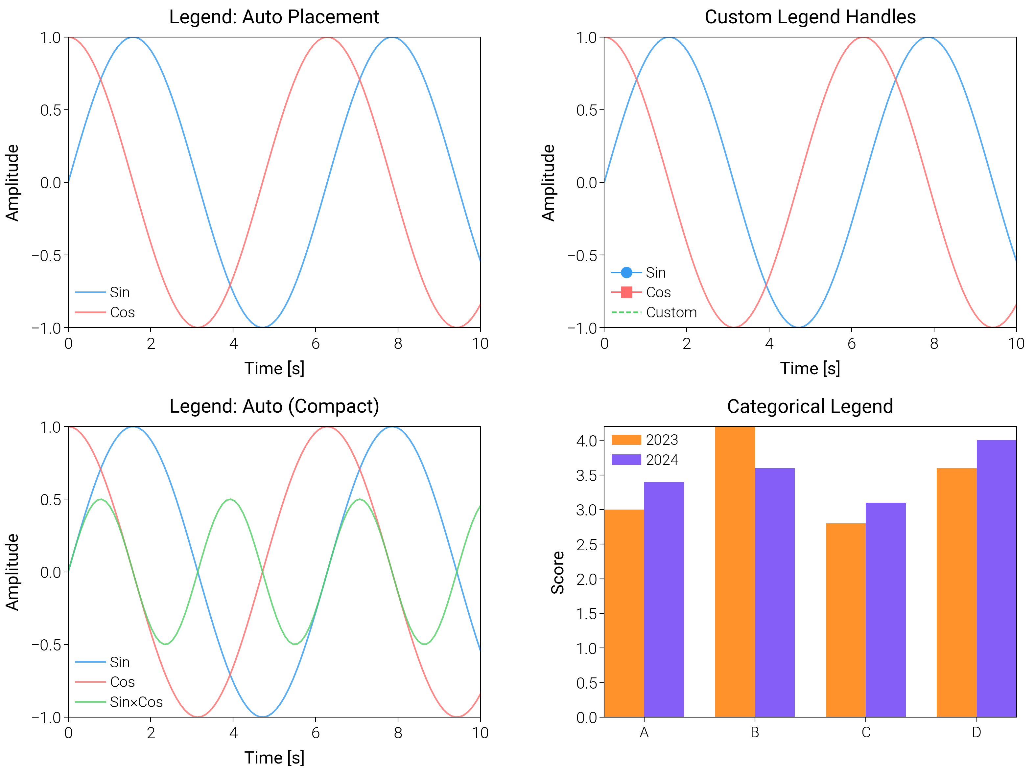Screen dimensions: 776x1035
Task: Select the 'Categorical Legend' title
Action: point(810,406)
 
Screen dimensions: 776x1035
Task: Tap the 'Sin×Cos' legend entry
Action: point(136,702)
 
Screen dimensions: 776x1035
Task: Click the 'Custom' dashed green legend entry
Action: point(671,312)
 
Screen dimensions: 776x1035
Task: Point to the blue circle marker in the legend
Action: point(626,272)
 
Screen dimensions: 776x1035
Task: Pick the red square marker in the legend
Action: point(626,292)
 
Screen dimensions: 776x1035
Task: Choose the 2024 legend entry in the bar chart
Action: point(662,460)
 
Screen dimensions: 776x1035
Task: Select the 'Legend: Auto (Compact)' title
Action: point(274,406)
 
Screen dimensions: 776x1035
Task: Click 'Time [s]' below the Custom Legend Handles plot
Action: point(810,369)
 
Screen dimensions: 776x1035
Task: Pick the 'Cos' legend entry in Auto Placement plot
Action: point(122,312)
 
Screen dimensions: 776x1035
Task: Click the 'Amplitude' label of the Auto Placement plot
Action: point(12,182)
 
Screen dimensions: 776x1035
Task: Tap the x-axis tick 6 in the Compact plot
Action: point(316,733)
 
